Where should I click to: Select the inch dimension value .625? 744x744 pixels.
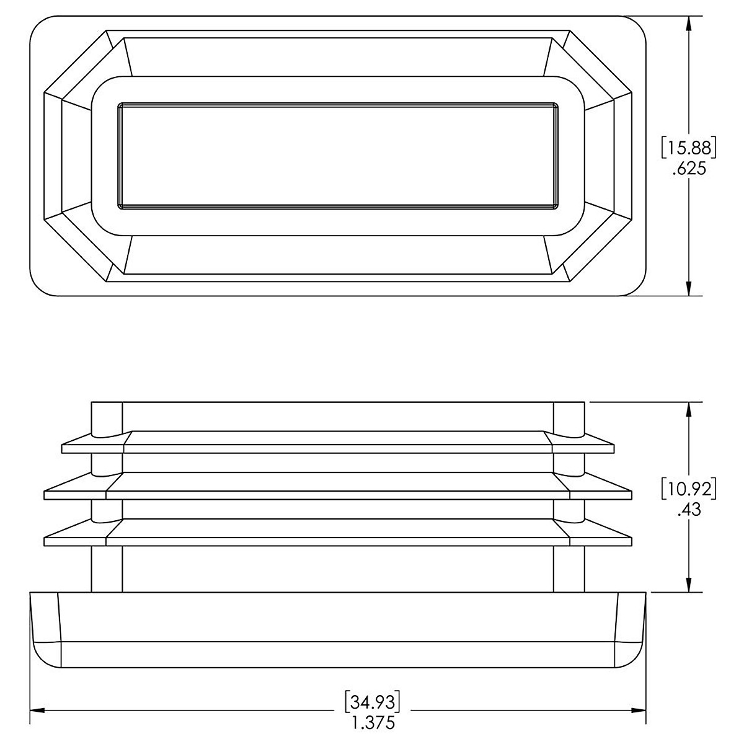(x=689, y=169)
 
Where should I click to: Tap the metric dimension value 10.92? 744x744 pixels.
(x=689, y=489)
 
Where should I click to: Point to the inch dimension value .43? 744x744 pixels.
(x=689, y=510)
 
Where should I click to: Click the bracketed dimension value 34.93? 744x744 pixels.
(x=372, y=702)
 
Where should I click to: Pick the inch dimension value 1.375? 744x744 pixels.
(x=372, y=723)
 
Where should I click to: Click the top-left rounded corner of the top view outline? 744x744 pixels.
(x=38, y=24)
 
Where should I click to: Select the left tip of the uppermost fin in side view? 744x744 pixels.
(x=63, y=448)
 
